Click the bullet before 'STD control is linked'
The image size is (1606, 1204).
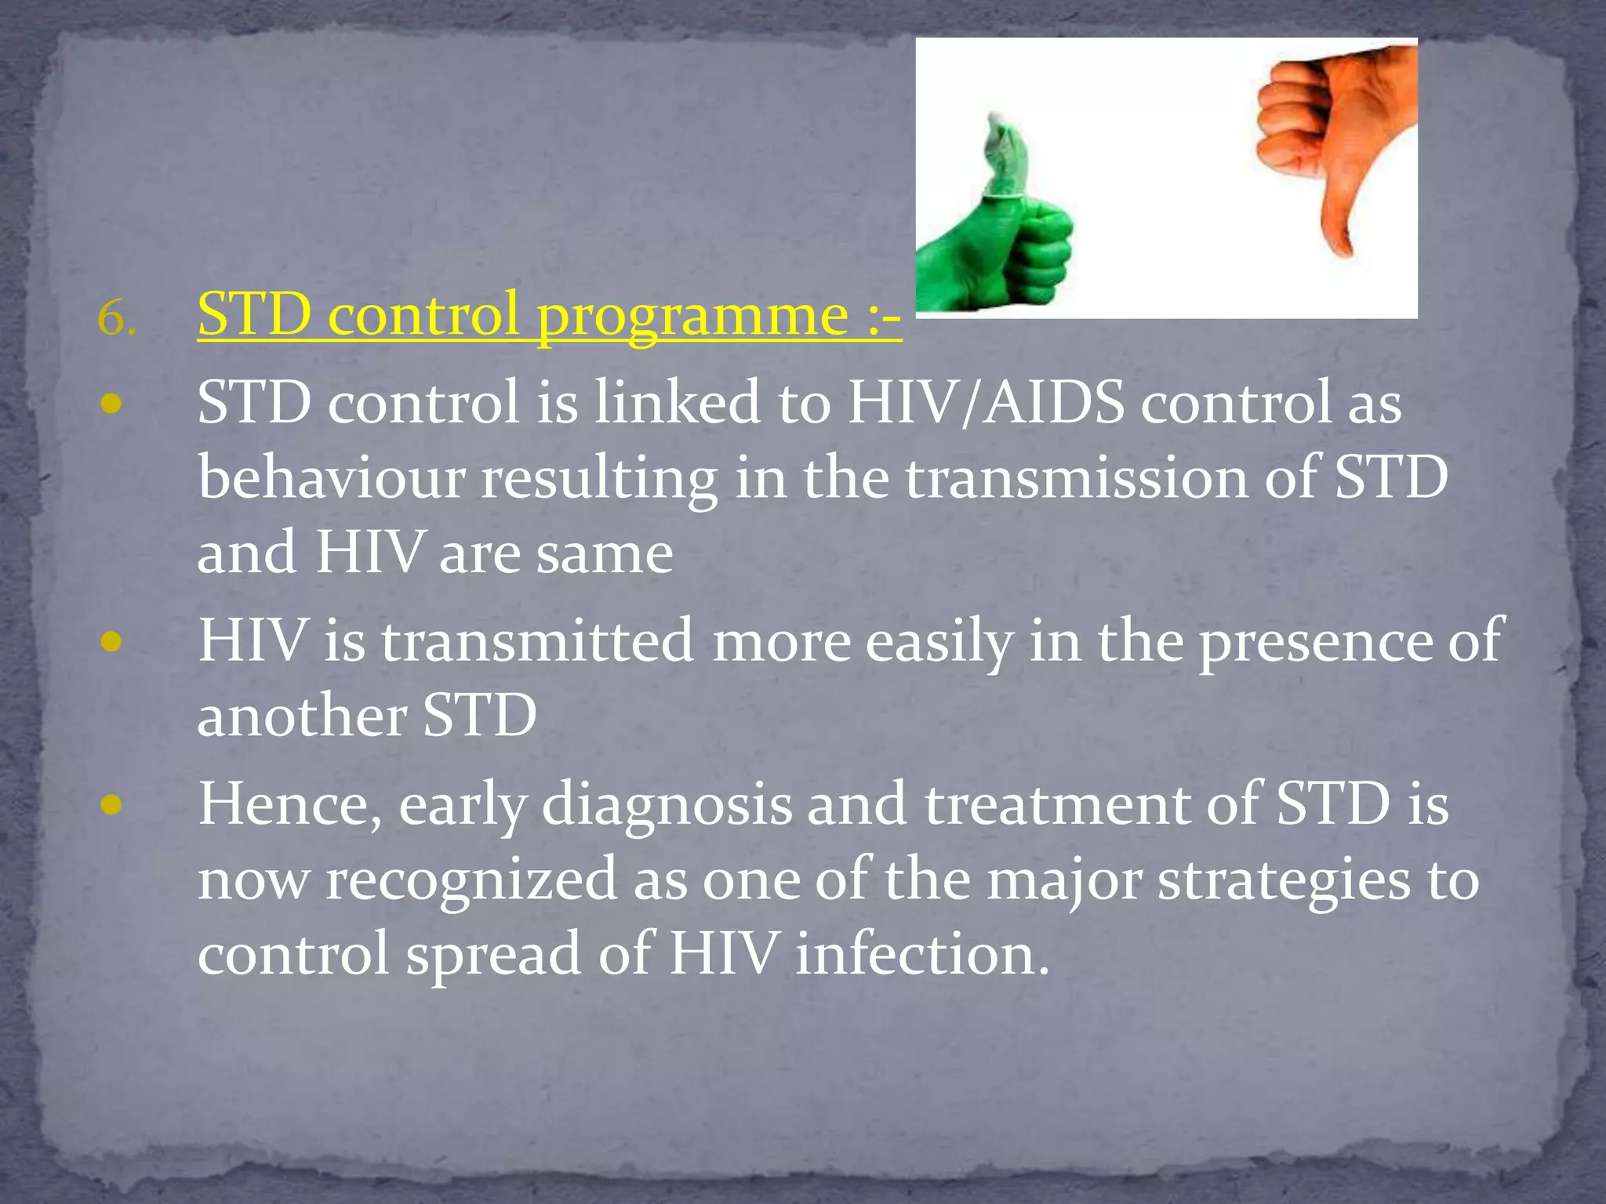(111, 404)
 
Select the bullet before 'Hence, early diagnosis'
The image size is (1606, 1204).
(111, 805)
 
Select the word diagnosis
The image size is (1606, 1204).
(667, 806)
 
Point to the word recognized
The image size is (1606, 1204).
(471, 879)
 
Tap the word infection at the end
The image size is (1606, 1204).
(921, 955)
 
